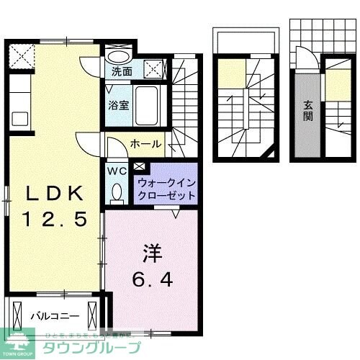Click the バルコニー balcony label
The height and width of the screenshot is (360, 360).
[x=51, y=315]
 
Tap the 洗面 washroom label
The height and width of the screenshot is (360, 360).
[x=122, y=71]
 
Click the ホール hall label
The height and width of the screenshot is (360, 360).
[x=145, y=144]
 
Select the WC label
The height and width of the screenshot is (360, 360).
[x=117, y=171]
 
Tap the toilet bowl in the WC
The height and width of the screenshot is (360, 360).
[x=117, y=192]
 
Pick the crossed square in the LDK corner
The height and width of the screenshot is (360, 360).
[x=21, y=55]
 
